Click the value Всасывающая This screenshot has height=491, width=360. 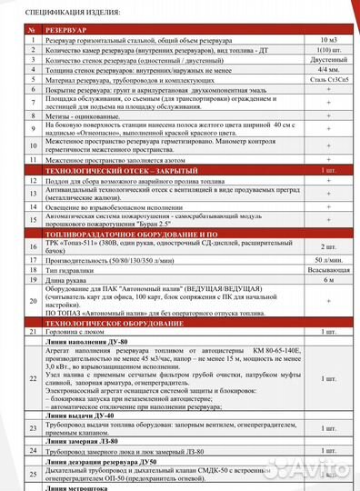328,271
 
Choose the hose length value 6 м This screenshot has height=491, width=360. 328,282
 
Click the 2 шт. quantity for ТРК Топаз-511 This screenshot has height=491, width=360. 328,246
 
